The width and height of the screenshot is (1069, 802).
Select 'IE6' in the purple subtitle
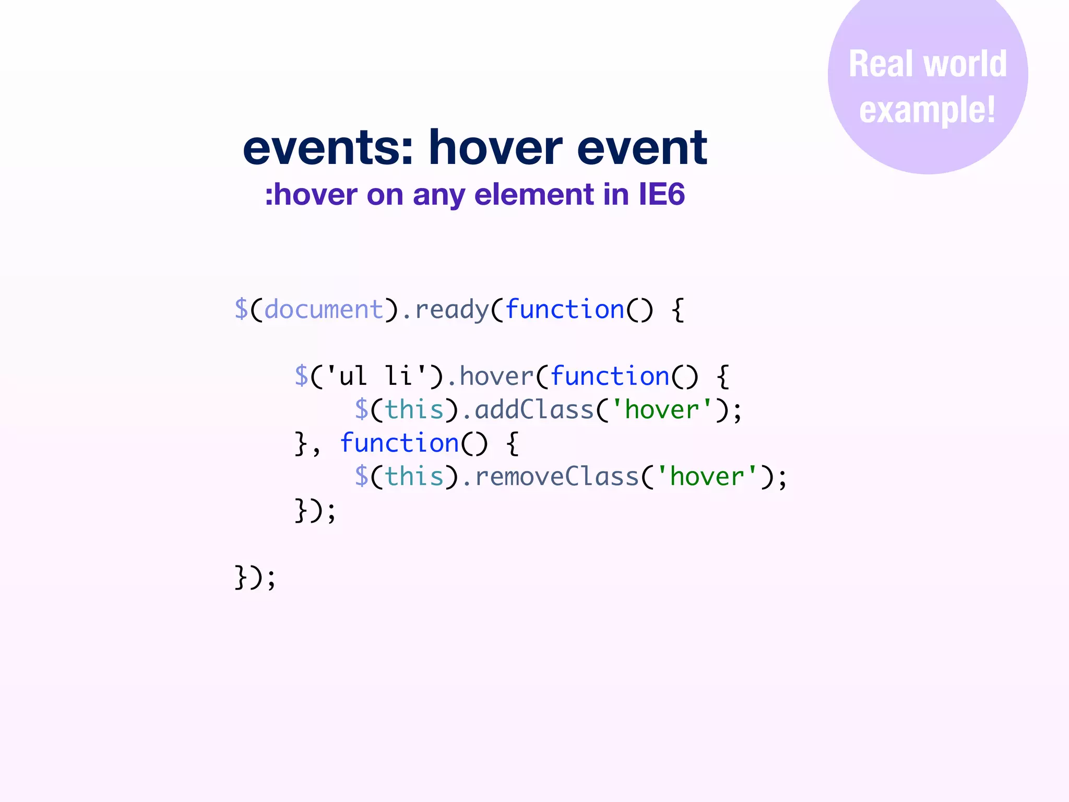(661, 194)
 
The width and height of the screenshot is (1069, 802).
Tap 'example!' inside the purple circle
(928, 110)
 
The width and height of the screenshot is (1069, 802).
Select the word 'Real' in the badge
(882, 64)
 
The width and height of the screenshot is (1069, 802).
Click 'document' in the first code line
(324, 310)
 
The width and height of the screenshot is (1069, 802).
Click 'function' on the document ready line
(565, 310)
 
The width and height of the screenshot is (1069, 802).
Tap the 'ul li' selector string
(376, 376)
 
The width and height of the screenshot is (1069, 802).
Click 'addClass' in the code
(534, 410)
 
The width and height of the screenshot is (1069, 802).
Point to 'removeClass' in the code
(557, 477)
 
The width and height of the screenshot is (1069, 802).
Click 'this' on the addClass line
(414, 410)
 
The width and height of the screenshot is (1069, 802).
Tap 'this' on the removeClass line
(414, 477)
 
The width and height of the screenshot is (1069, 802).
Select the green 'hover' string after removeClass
(707, 477)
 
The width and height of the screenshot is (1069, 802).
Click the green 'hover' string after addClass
(662, 410)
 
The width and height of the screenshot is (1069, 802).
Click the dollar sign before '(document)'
(241, 309)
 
